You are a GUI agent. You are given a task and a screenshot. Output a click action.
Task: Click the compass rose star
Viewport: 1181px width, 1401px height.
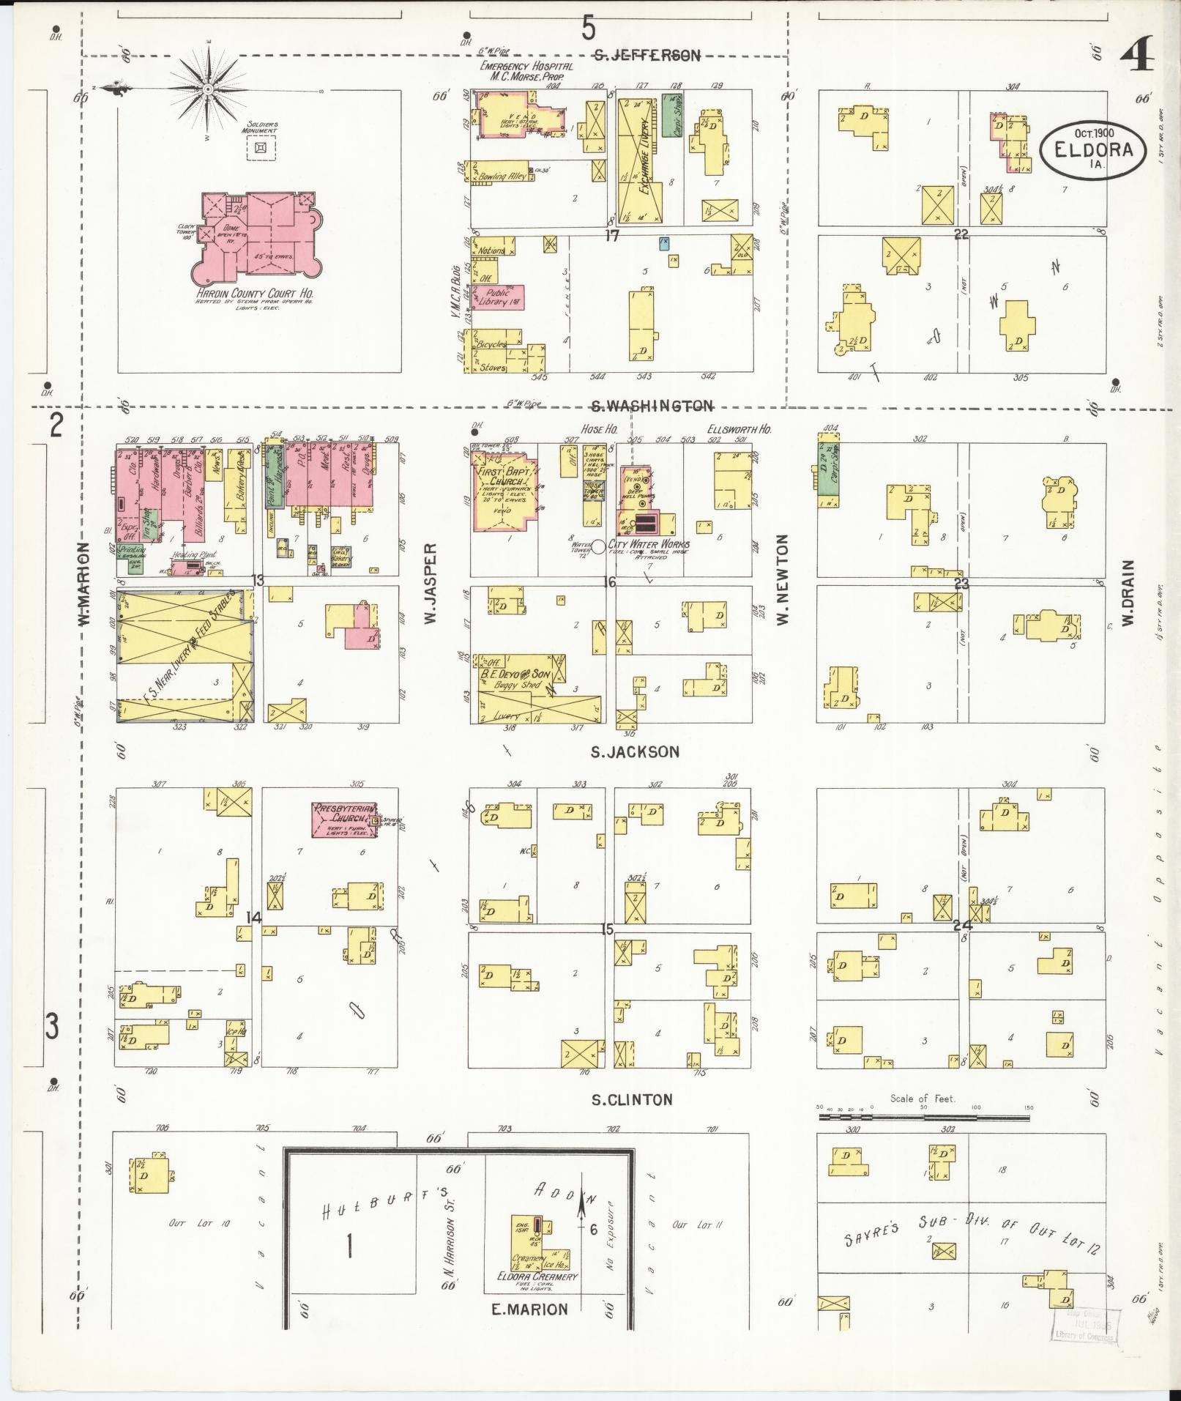pos(208,89)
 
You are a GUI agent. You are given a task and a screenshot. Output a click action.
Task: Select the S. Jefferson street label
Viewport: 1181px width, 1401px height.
pos(647,55)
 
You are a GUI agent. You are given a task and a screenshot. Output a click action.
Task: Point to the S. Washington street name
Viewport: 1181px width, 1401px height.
pos(652,406)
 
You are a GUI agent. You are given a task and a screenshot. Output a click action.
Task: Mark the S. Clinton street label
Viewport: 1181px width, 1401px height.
pos(632,1099)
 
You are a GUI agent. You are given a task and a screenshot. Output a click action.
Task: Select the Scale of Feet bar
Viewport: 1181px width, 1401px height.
pos(923,1118)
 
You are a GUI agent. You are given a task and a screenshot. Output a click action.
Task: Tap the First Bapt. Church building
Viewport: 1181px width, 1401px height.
pos(506,491)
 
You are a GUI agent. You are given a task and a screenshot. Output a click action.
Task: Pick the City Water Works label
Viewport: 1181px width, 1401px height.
pos(649,544)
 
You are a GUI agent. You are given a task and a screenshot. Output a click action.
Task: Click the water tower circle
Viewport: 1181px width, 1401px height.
pos(598,546)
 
